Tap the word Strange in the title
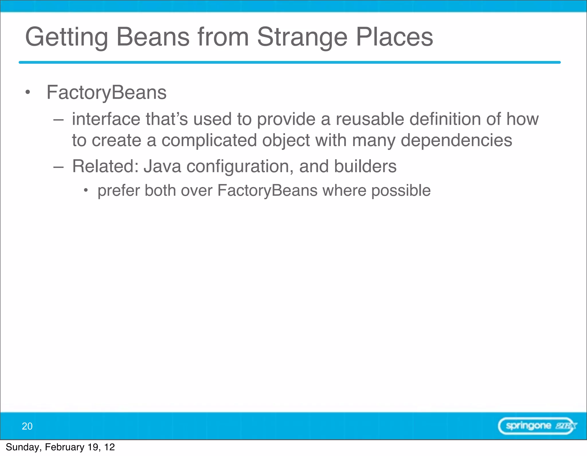pyautogui.click(x=302, y=37)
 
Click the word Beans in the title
pyautogui.click(x=153, y=37)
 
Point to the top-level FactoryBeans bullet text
pyautogui.click(x=106, y=92)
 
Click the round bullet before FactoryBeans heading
pyautogui.click(x=28, y=92)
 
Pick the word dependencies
pyautogui.click(x=456, y=140)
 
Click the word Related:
pyautogui.click(x=105, y=166)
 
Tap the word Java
pyautogui.click(x=162, y=166)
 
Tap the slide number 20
pyautogui.click(x=27, y=426)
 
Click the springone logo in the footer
pyautogui.click(x=537, y=426)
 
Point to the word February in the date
pyautogui.click(x=64, y=447)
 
